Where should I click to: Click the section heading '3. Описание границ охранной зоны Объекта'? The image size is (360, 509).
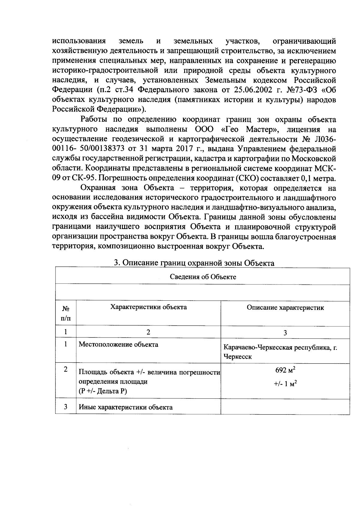[194, 263]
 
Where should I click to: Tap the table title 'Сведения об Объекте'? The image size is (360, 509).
[203, 276]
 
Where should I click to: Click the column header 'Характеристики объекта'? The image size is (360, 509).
[148, 307]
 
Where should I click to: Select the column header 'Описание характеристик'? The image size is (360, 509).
[285, 308]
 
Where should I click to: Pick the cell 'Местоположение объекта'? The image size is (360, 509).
[118, 344]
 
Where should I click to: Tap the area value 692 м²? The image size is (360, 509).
[285, 371]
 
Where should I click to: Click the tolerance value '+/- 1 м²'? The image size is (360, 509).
[285, 384]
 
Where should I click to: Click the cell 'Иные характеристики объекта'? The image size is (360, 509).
[125, 407]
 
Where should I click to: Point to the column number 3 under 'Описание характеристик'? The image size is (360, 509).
[285, 332]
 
